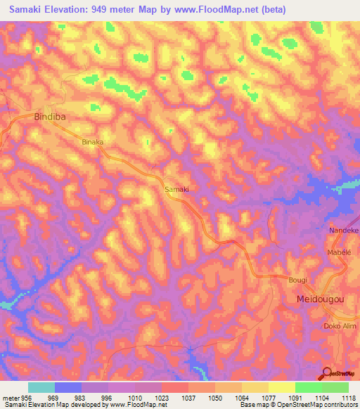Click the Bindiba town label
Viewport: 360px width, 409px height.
click(x=50, y=117)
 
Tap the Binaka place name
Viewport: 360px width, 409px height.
click(x=93, y=142)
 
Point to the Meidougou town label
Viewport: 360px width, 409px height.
click(x=318, y=299)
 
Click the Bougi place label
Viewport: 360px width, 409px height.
click(x=298, y=280)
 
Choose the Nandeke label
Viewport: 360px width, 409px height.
click(x=345, y=231)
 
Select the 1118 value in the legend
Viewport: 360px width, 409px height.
click(x=349, y=397)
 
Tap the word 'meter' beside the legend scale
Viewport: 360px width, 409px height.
click(x=12, y=397)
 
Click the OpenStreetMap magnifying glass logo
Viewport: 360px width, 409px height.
click(x=326, y=374)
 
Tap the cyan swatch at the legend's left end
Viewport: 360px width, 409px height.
click(x=41, y=387)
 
